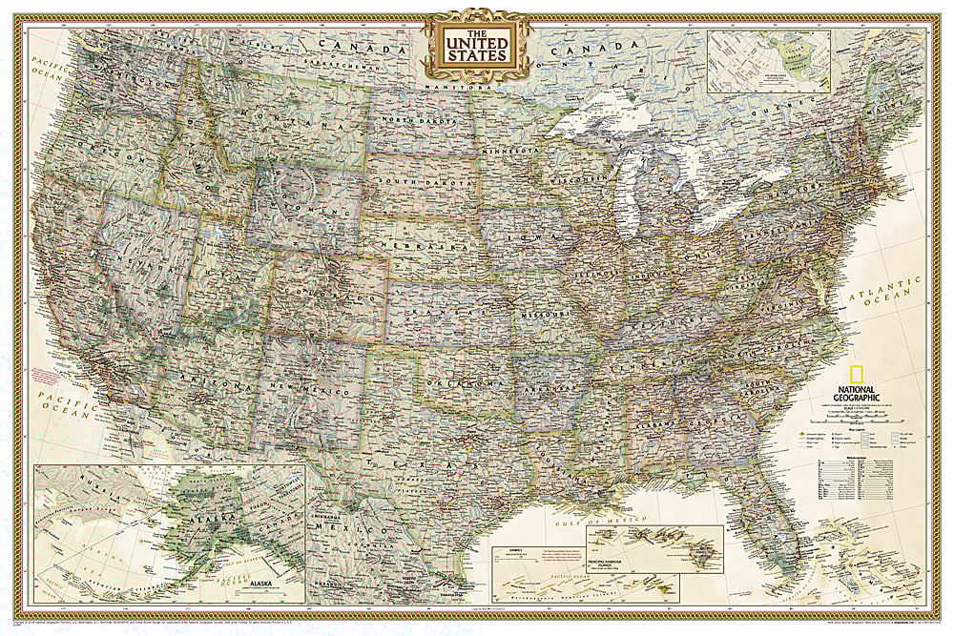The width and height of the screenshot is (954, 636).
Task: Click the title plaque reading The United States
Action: point(475,45)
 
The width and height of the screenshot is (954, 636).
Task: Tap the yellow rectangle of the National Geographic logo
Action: point(853,373)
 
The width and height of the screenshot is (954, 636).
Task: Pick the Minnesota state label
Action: point(511,151)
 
